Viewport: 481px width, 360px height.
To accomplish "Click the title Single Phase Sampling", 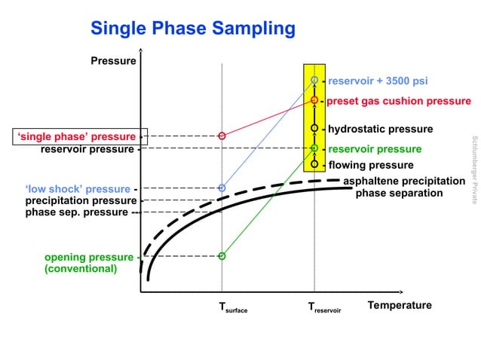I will pyautogui.click(x=192, y=29).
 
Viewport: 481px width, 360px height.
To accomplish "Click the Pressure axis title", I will pyautogui.click(x=113, y=60).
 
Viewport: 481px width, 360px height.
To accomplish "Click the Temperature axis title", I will pyautogui.click(x=399, y=305).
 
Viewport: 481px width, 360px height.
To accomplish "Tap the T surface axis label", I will pyautogui.click(x=232, y=307).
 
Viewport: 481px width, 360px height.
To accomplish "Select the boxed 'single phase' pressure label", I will pyautogui.click(x=78, y=136).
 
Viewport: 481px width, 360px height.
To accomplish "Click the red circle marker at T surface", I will pyautogui.click(x=222, y=136).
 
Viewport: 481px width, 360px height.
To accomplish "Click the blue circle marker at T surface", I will pyautogui.click(x=222, y=188).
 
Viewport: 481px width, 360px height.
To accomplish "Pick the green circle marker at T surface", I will pyautogui.click(x=222, y=256).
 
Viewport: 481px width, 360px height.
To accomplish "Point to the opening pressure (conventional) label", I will pyautogui.click(x=88, y=263).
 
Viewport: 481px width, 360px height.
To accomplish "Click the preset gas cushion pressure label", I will pyautogui.click(x=398, y=101).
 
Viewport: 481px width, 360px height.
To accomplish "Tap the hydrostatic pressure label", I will pyautogui.click(x=380, y=130).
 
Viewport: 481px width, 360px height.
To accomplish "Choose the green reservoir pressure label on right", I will pyautogui.click(x=375, y=149).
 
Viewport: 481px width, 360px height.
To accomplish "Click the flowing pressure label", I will pyautogui.click(x=371, y=165).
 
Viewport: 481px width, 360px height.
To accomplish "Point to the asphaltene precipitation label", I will pyautogui.click(x=415, y=182).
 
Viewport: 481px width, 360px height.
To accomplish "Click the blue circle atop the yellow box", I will pyautogui.click(x=314, y=80).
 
